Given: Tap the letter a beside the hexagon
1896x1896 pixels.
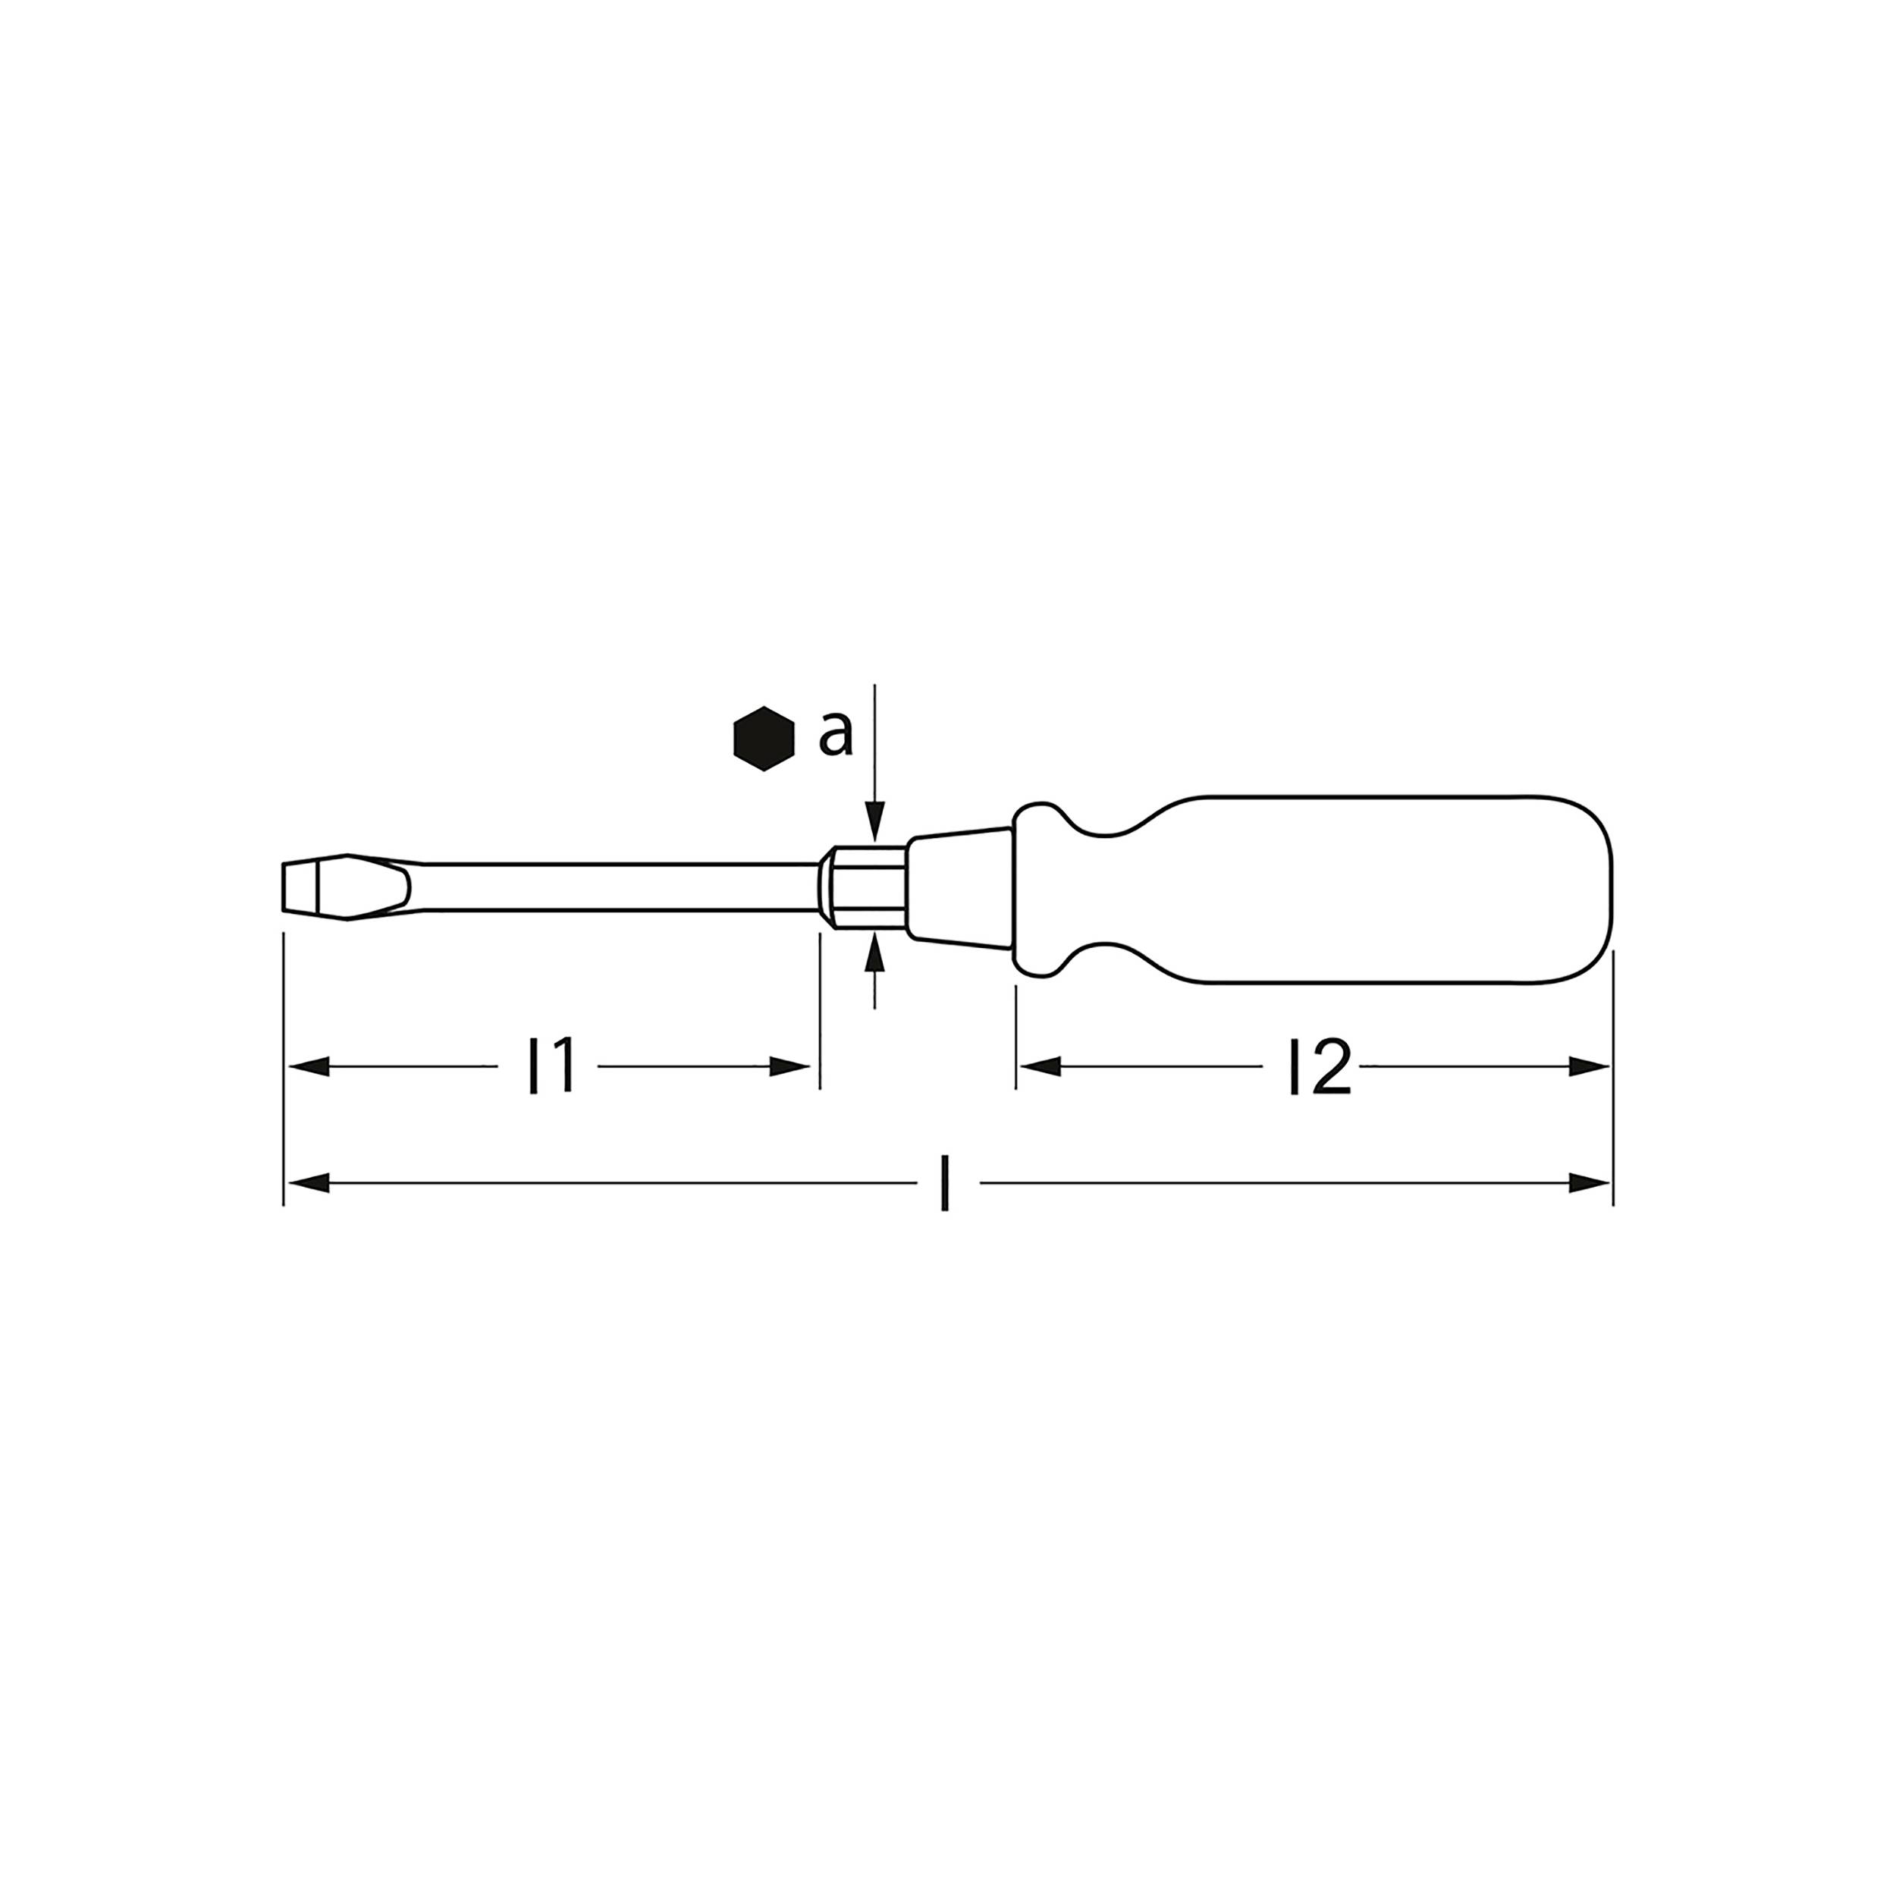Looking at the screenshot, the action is click(x=835, y=735).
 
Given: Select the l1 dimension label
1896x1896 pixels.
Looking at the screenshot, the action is click(x=551, y=1068).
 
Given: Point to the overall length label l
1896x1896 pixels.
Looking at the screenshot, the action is click(x=944, y=1185).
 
